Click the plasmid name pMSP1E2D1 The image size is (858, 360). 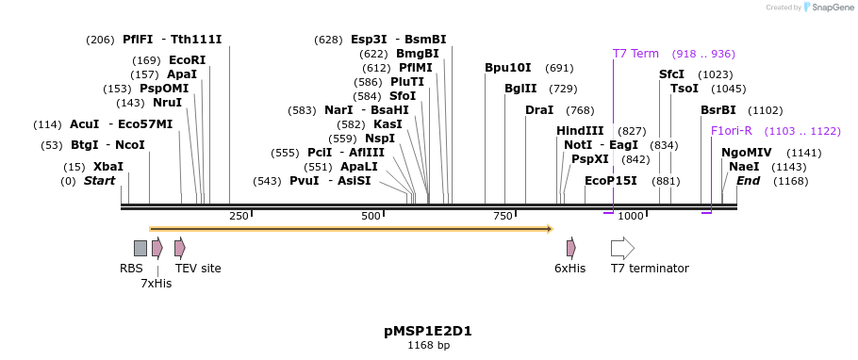[x=428, y=331]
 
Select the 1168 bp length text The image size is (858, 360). [x=428, y=346]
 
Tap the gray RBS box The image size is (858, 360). [x=140, y=248]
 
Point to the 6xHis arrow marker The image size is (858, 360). [x=570, y=248]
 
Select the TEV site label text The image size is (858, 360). [x=198, y=269]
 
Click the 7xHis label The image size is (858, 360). [x=157, y=283]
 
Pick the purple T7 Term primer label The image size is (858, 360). [x=635, y=54]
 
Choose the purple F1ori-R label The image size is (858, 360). [x=732, y=131]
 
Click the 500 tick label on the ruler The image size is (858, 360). [x=370, y=217]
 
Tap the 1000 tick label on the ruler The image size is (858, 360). [x=631, y=217]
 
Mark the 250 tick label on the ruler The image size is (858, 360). [x=239, y=217]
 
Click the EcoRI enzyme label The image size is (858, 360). [x=187, y=59]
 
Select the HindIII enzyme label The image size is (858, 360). [x=580, y=131]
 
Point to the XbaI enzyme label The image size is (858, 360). [x=107, y=167]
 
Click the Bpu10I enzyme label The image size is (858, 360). [x=508, y=68]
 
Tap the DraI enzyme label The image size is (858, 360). [x=539, y=110]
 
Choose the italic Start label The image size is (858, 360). [x=99, y=181]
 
